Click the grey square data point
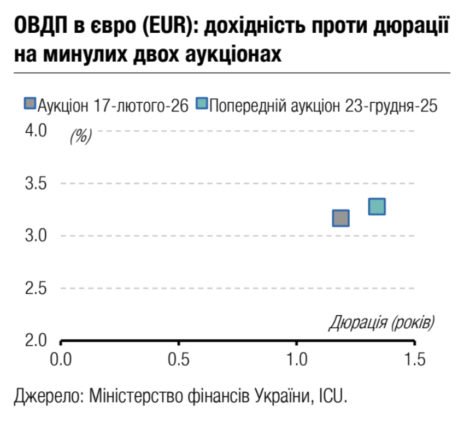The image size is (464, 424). (340, 218)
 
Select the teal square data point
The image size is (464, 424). (377, 207)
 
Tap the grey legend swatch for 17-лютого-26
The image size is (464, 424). (30, 104)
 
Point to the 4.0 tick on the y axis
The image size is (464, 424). (36, 131)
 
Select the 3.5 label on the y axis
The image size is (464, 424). (36, 184)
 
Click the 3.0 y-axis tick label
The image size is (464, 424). (36, 235)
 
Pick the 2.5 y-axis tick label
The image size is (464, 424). (36, 288)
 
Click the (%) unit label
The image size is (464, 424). (80, 136)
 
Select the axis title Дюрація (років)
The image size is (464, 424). (381, 323)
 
